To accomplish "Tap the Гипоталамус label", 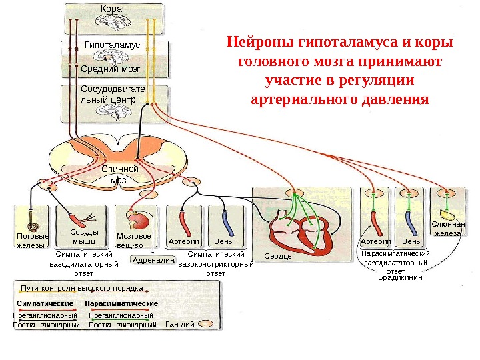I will pos(113,45).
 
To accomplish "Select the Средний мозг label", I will pos(109,69).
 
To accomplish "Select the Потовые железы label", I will pos(31,241).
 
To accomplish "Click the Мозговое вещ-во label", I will pos(134,241).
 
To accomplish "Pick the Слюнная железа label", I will pos(447,229).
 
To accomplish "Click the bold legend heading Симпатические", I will pos(45,303).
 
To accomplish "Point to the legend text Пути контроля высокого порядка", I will pos(82,289).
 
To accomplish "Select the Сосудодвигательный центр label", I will pos(108,94).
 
